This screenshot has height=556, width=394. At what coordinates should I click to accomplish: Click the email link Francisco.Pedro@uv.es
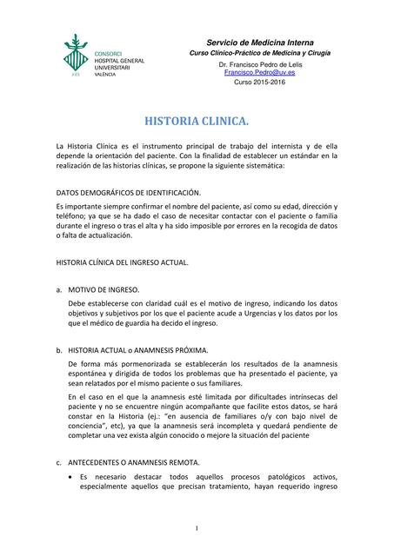[258, 73]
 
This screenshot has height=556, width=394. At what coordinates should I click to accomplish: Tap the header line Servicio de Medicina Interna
[259, 43]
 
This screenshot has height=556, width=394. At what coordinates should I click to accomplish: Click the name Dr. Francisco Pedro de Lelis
[259, 65]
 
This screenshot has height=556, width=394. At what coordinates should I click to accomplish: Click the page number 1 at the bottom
[197, 528]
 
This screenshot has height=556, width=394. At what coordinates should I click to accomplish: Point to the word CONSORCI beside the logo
[109, 54]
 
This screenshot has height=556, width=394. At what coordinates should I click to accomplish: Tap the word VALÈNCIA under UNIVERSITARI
[105, 76]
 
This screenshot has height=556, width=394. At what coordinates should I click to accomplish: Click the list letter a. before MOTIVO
[57, 288]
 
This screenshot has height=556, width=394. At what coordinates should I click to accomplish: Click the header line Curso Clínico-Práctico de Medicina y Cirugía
[259, 54]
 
